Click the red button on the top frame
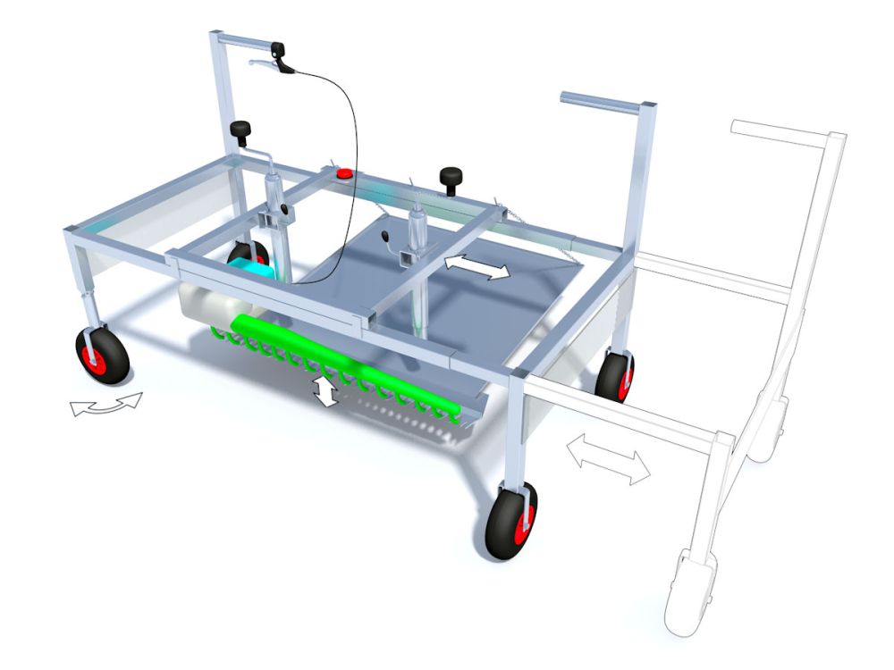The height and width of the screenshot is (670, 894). coord(342,173)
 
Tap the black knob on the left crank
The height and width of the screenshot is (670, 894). coord(240,131)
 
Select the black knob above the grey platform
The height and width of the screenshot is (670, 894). coord(449,177)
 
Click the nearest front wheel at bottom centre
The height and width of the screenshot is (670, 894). coord(511,521)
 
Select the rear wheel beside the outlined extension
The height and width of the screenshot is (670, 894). coord(615,376)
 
